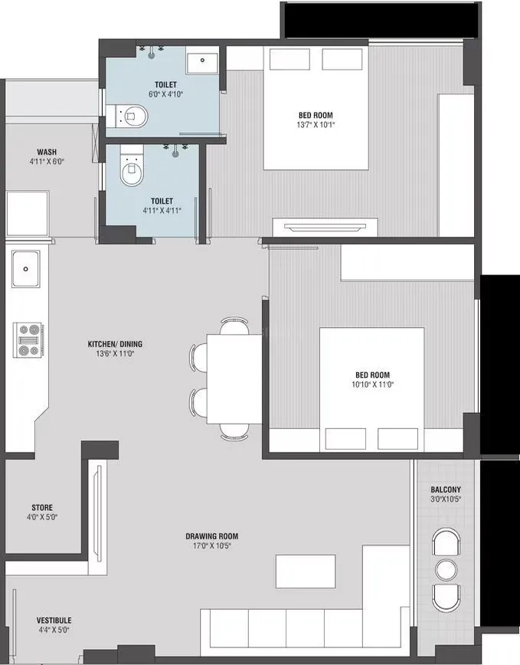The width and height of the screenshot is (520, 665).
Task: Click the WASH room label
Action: pyautogui.click(x=47, y=152)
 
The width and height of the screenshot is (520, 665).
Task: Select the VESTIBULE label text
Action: pyautogui.click(x=54, y=620)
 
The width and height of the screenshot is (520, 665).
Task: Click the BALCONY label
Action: pyautogui.click(x=446, y=490)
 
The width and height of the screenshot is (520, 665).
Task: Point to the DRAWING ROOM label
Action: pyautogui.click(x=212, y=536)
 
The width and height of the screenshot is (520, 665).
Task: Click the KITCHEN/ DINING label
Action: pyautogui.click(x=115, y=344)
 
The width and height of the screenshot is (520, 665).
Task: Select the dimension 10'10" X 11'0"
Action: pyautogui.click(x=371, y=385)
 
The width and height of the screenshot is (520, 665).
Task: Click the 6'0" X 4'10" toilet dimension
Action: pyautogui.click(x=165, y=95)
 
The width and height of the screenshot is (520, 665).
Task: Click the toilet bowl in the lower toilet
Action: pyautogui.click(x=132, y=172)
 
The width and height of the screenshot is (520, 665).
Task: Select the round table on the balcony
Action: pyautogui.click(x=445, y=569)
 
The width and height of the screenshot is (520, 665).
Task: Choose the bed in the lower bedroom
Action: pyautogui.click(x=371, y=390)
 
